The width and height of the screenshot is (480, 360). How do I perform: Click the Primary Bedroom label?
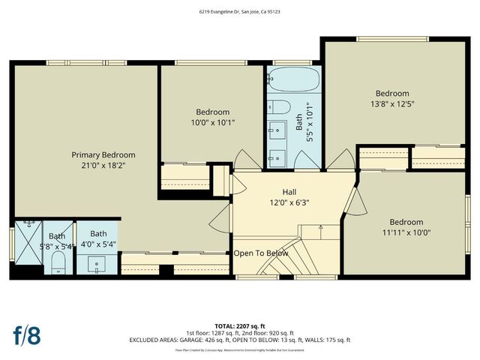point(103,154)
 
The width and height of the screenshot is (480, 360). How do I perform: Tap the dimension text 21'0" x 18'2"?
point(103,166)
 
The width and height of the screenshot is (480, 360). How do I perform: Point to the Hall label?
point(289,191)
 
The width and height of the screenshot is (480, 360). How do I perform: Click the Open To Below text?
point(260,253)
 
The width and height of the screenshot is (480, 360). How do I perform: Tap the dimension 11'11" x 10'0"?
point(406,232)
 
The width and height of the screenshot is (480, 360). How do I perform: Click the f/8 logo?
point(26,334)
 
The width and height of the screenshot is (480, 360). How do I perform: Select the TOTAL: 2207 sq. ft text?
point(239,325)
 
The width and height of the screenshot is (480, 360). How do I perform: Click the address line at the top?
point(240,12)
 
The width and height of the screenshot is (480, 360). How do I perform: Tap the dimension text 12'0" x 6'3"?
point(289,202)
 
